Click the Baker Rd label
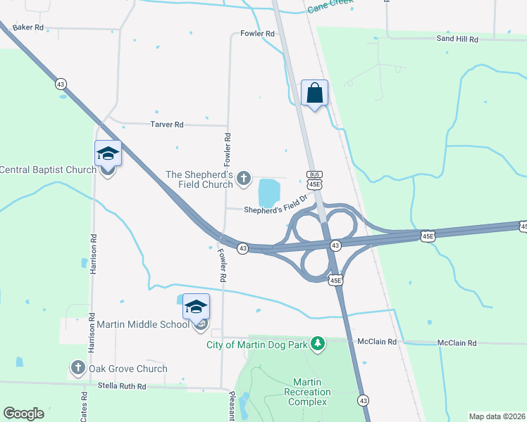click(x=28, y=27)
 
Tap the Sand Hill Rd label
click(x=457, y=39)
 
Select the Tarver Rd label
click(x=167, y=124)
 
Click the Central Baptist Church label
click(x=47, y=170)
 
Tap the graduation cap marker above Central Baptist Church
click(x=108, y=153)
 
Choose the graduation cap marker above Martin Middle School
click(x=196, y=307)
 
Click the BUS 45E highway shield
click(x=314, y=179)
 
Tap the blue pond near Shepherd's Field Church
click(x=269, y=190)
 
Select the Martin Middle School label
click(x=143, y=324)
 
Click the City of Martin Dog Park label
click(x=259, y=344)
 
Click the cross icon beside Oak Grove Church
click(x=77, y=367)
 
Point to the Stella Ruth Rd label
click(x=122, y=387)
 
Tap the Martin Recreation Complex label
click(x=307, y=392)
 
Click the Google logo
click(x=23, y=414)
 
